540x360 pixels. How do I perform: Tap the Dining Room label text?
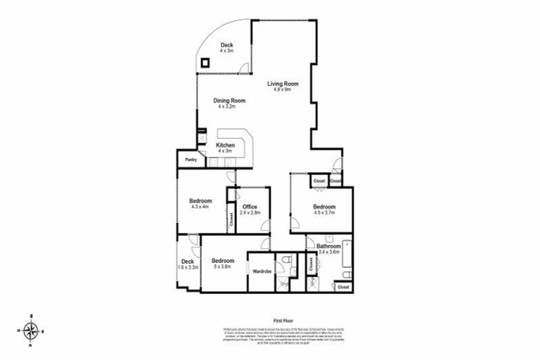[x=229, y=101]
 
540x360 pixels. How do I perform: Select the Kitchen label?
[x=226, y=145]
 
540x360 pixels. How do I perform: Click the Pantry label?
[x=191, y=160]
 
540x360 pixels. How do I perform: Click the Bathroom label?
[x=329, y=246]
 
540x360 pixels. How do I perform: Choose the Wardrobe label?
[x=262, y=271]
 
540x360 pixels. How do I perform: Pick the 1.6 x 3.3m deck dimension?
[x=188, y=268]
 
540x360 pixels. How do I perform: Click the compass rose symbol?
[x=31, y=329]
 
